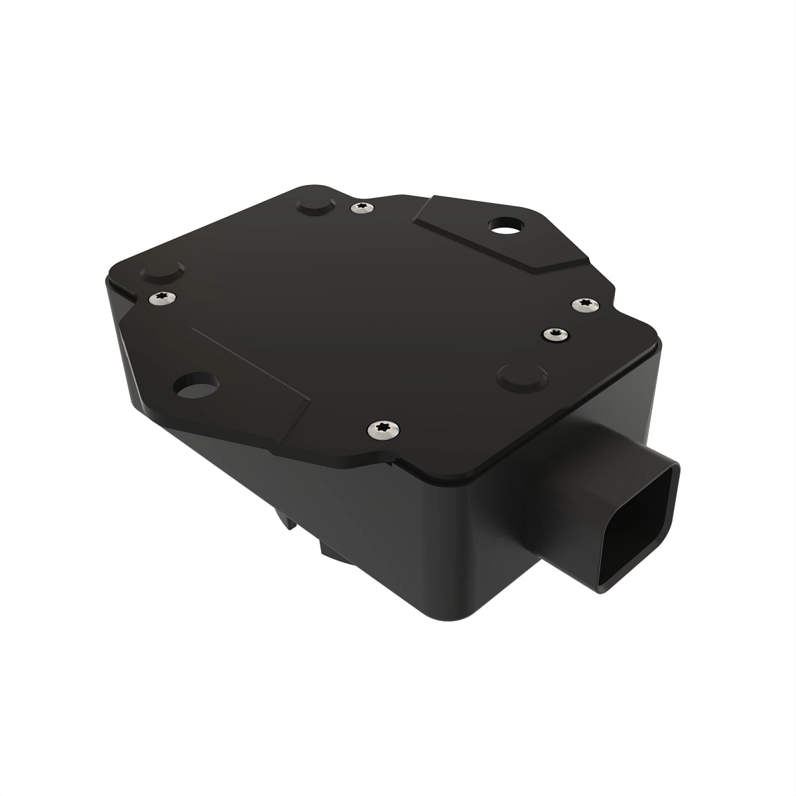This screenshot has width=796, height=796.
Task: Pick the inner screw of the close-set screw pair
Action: pos(555,334)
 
